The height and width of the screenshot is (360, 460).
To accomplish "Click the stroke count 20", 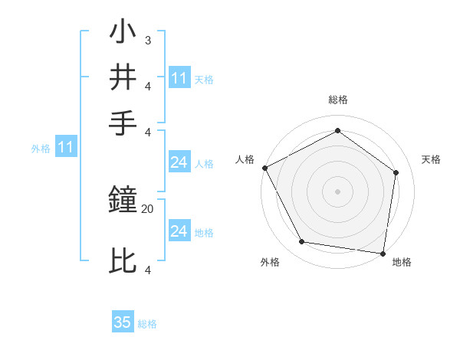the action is coord(148,208).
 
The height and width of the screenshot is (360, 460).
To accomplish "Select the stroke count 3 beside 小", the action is coord(147,40).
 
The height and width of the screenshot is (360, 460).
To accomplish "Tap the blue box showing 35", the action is coord(123,322).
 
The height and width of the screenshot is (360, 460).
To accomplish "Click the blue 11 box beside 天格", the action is coord(179,78).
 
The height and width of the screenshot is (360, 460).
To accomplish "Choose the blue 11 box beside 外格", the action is coord(65,148).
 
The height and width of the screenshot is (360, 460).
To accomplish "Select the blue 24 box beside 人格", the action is coord(179,162).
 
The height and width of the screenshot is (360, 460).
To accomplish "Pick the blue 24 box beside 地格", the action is coord(179,231).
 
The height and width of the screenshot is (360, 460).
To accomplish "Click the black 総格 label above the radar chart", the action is coord(337,100).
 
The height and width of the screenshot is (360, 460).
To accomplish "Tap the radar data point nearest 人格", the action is coord(265,168).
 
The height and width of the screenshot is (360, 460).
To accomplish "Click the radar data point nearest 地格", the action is coord(383,253).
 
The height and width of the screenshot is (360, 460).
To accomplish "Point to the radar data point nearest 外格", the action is coord(302,242).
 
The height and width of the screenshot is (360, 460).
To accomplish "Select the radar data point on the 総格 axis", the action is coord(337,131).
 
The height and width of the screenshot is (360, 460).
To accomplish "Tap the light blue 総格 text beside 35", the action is coord(147,324).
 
